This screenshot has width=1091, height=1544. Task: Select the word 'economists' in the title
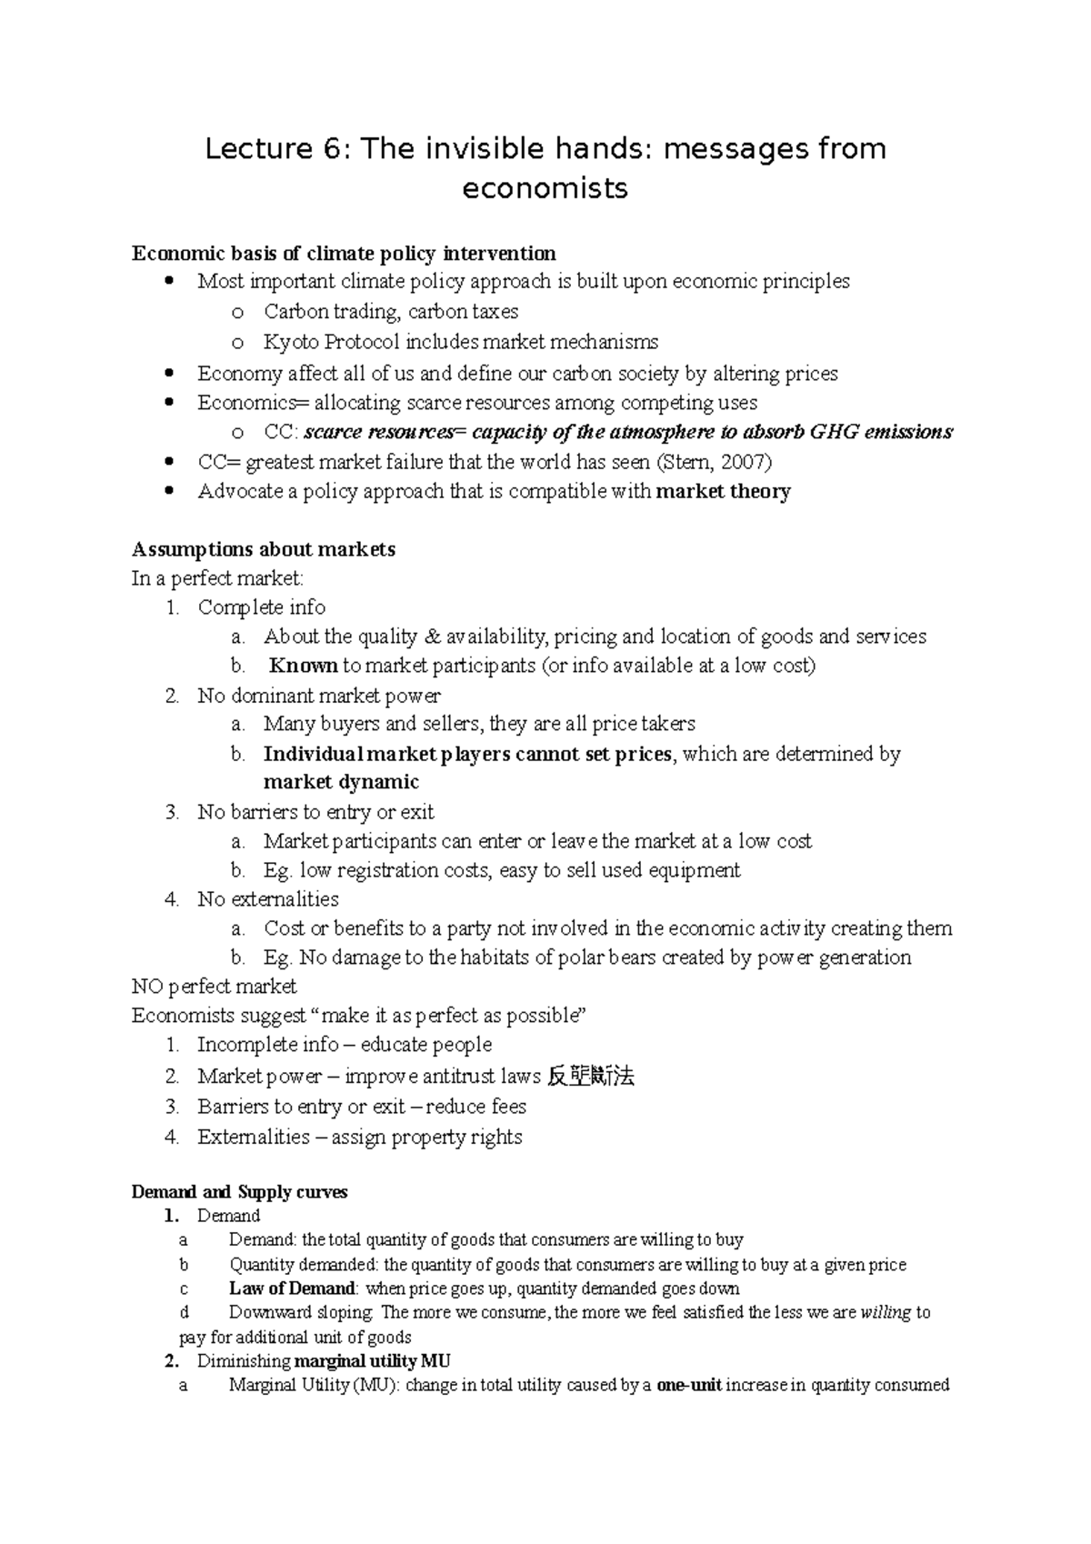point(545,188)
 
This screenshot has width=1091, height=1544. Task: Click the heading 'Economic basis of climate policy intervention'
point(344,253)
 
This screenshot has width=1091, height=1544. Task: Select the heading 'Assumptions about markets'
point(263,549)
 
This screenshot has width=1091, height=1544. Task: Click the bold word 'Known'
point(304,666)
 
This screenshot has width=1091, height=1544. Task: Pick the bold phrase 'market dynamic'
point(341,782)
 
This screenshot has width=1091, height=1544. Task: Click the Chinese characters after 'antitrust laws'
point(591,1077)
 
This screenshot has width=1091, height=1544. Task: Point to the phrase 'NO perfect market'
point(214,987)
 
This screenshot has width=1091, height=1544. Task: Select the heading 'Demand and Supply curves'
point(239,1192)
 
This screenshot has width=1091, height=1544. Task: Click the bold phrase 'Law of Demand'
point(292,1288)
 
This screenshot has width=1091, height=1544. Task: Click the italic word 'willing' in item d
point(885,1313)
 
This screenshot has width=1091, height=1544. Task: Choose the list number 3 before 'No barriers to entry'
point(173,812)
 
